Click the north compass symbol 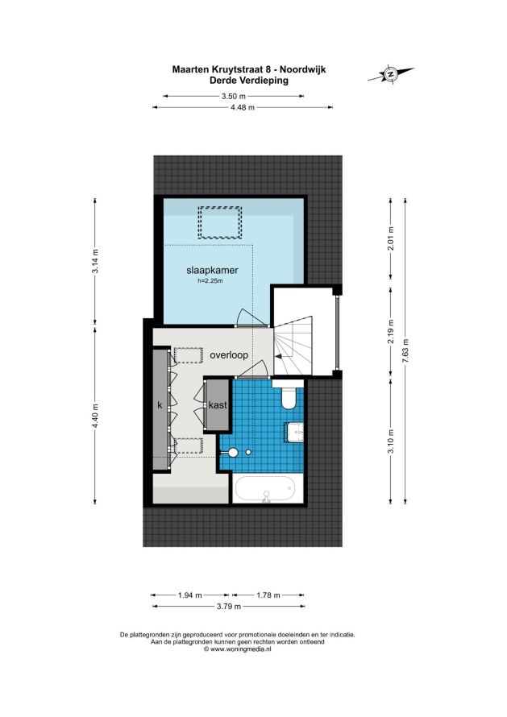[x=391, y=73]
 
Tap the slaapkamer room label [x=212, y=270]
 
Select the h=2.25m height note [x=210, y=281]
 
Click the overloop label [x=229, y=354]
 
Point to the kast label [x=218, y=404]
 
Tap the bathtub [x=266, y=488]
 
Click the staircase [x=293, y=346]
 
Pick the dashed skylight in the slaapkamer [x=219, y=222]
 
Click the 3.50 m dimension [x=234, y=96]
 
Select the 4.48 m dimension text [x=243, y=107]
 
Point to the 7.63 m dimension [x=405, y=350]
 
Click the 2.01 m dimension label [x=390, y=238]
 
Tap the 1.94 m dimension [x=190, y=595]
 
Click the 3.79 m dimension [x=229, y=607]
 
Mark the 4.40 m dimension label [x=95, y=417]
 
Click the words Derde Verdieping [x=249, y=81]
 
